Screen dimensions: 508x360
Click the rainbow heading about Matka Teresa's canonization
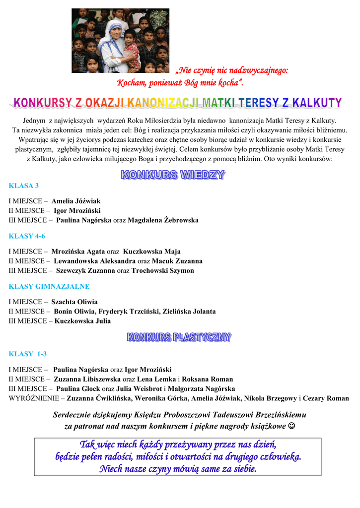177,103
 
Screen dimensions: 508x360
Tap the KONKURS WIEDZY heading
173,175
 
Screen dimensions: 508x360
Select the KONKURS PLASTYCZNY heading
179,338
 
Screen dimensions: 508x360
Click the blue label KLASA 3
23,186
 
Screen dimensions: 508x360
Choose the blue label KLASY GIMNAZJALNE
49,286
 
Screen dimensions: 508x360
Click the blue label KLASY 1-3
28,354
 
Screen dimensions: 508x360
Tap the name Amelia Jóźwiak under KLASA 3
75,201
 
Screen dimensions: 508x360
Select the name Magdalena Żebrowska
163,220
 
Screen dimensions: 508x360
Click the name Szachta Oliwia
74,302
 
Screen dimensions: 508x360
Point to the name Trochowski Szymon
162,271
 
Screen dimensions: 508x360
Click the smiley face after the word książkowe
291,426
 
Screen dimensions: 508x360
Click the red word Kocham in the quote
131,82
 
